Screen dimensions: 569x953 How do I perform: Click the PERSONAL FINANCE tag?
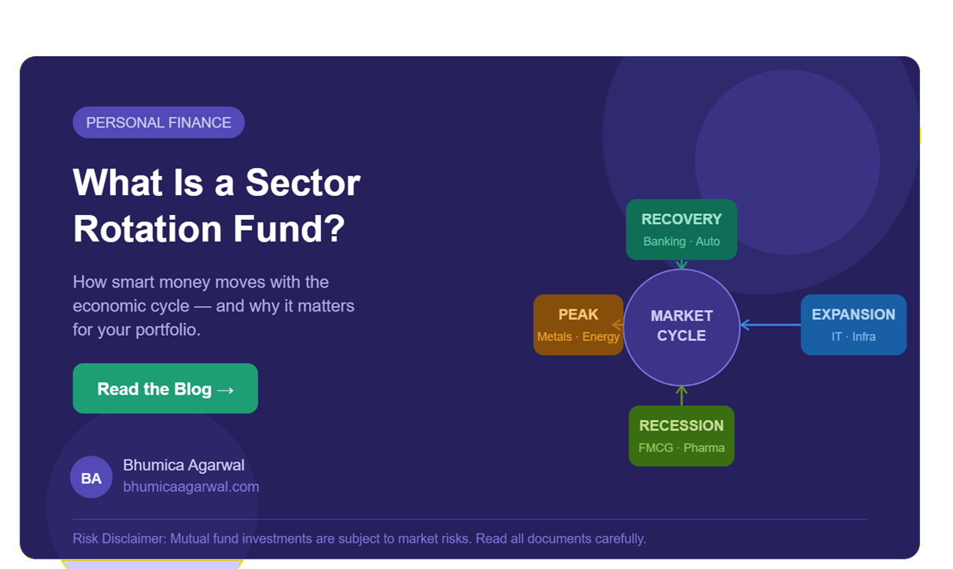click(159, 122)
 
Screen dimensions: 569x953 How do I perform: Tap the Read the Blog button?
click(165, 389)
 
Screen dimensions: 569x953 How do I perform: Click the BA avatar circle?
click(91, 477)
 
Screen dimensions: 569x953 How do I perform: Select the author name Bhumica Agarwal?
click(184, 465)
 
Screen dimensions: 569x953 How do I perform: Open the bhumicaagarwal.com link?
click(191, 487)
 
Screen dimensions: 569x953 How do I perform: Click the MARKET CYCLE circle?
click(682, 327)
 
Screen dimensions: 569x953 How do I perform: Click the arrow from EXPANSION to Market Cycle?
click(770, 325)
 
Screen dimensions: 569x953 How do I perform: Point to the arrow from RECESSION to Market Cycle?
click(682, 395)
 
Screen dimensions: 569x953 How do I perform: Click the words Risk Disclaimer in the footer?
click(118, 539)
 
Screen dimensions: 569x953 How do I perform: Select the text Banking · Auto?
click(682, 242)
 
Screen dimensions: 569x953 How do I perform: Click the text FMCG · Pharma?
click(682, 448)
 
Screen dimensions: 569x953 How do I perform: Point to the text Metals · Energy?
click(578, 337)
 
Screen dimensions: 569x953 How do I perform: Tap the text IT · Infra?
click(853, 337)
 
